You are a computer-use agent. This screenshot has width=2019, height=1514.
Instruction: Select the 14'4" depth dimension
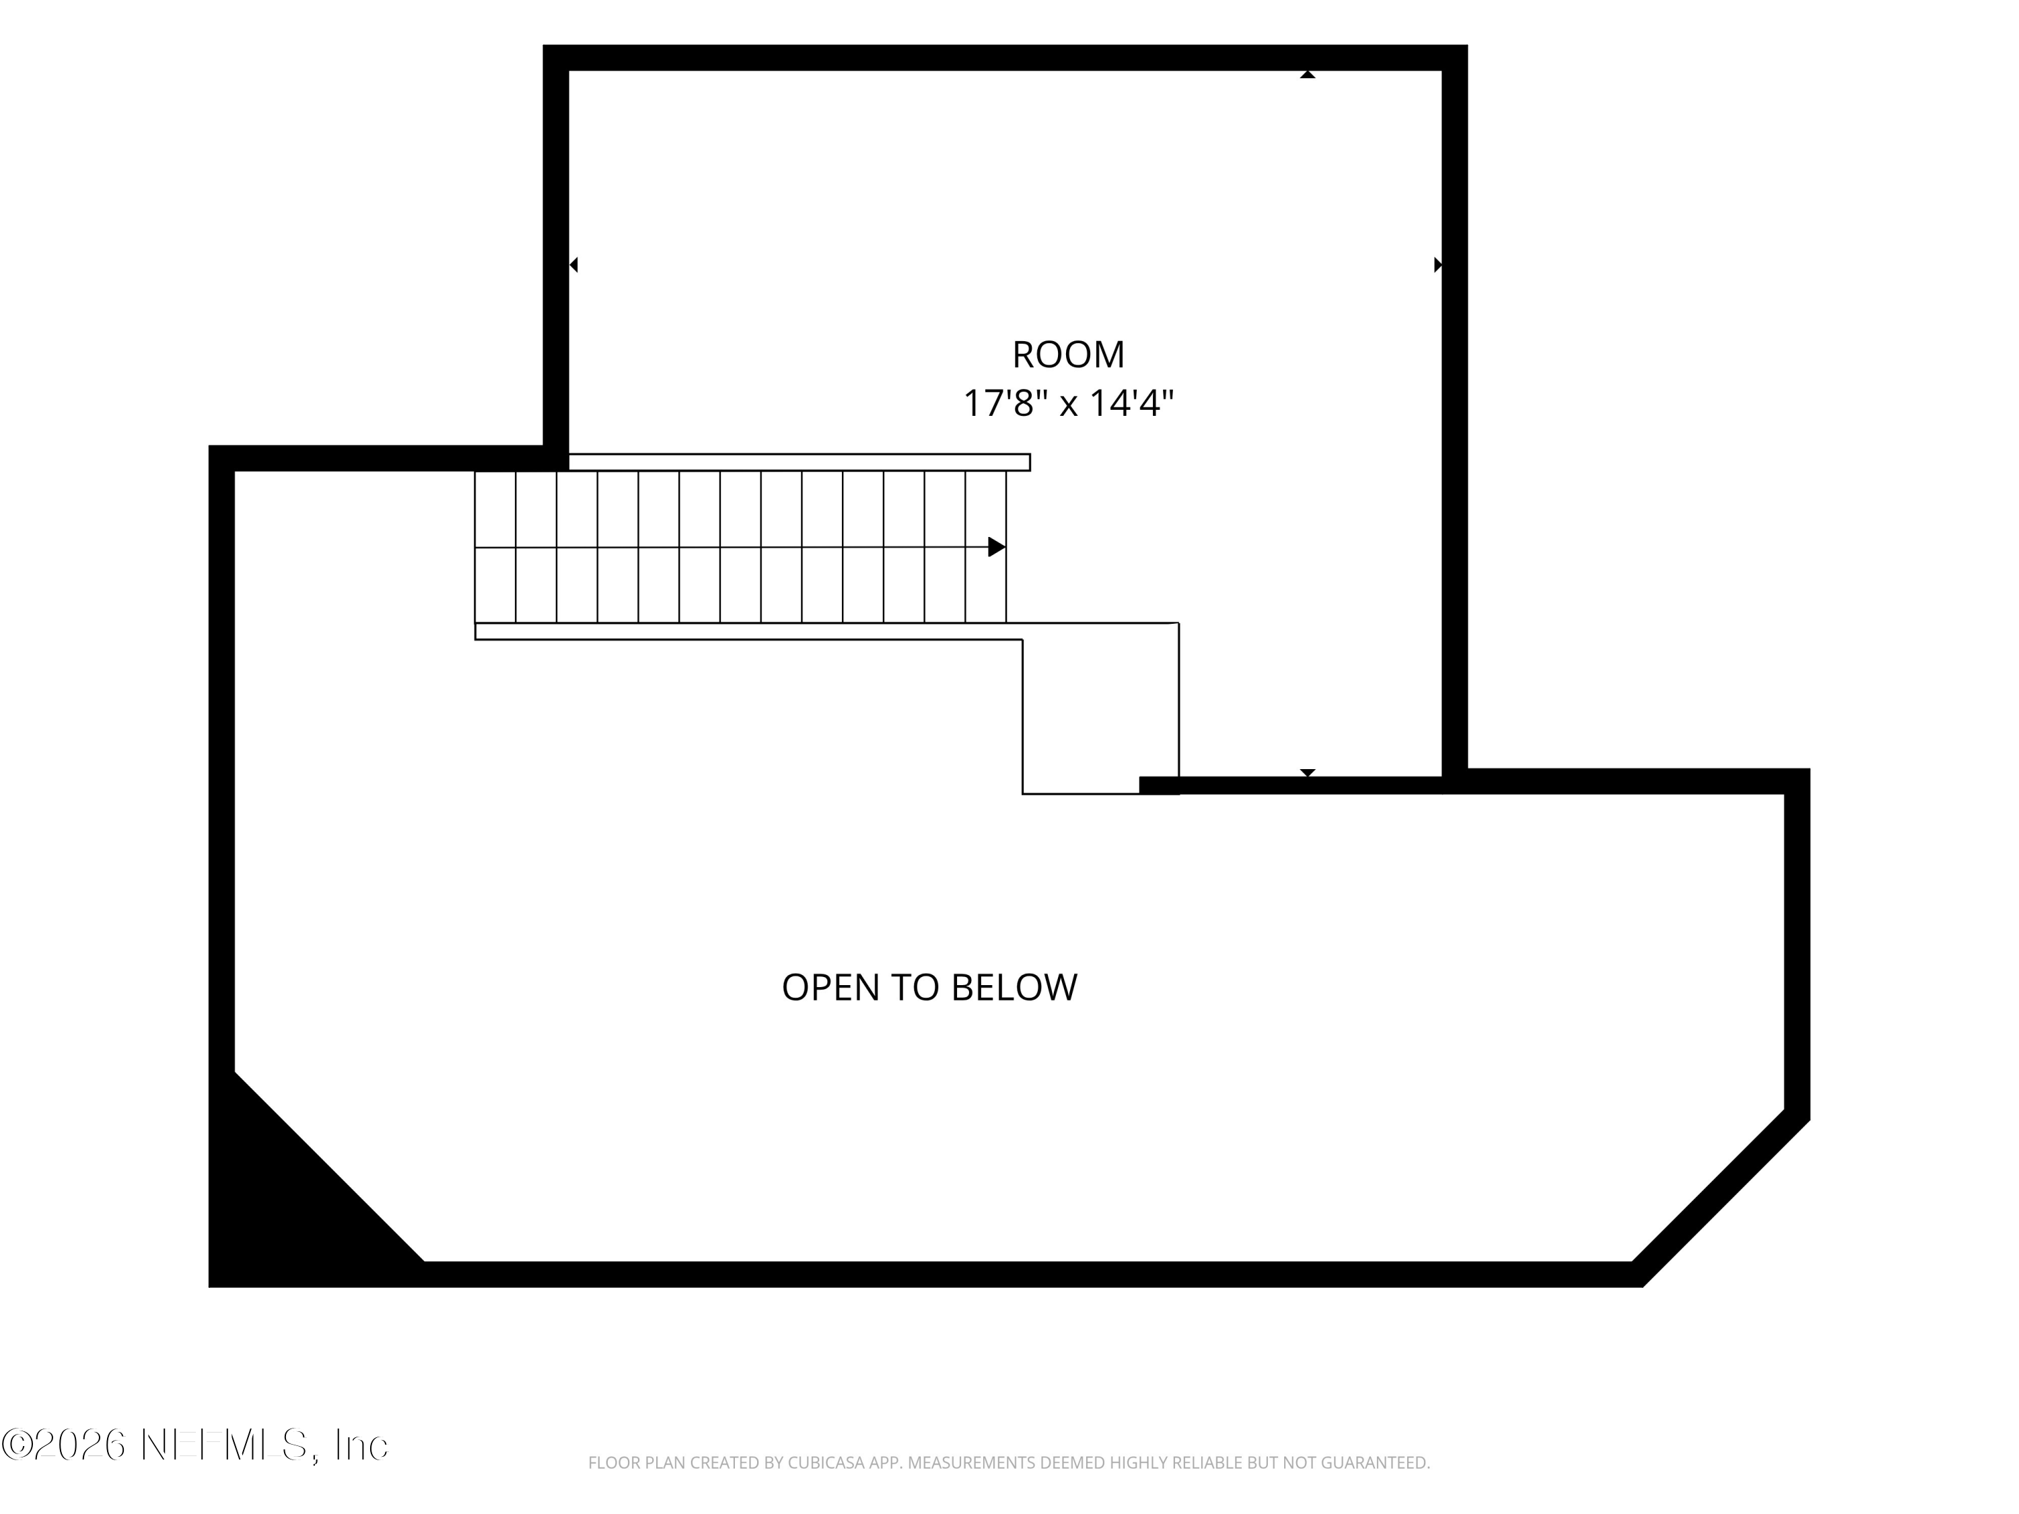(1133, 402)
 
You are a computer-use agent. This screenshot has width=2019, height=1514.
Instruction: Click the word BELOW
(1014, 987)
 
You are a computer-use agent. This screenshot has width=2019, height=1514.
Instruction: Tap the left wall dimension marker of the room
(573, 264)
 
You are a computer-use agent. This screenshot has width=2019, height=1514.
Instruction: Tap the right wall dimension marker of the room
(1438, 264)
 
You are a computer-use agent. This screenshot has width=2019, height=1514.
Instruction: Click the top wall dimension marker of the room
(1307, 75)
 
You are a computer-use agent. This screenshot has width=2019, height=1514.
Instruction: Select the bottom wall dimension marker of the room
(1307, 773)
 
